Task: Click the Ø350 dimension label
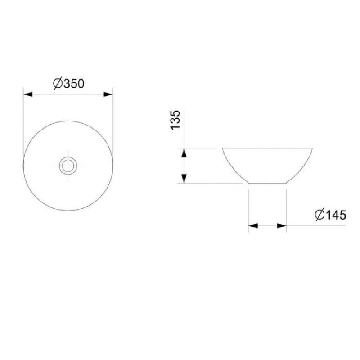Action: [x=69, y=84]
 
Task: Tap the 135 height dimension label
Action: [x=175, y=120]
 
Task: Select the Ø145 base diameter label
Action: [x=330, y=215]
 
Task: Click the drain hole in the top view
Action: [x=68, y=166]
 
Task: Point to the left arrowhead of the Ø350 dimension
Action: [x=28, y=94]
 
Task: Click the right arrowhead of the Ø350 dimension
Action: [x=108, y=94]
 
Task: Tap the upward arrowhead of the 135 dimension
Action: [x=184, y=153]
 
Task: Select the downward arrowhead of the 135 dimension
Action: [x=184, y=179]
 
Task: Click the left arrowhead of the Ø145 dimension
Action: [x=253, y=226]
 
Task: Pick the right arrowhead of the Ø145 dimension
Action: [x=282, y=226]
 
